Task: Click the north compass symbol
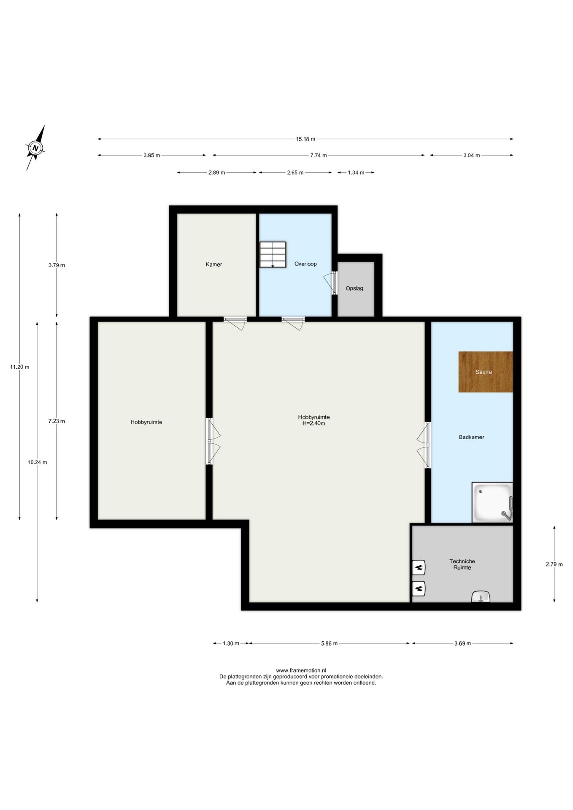click(36, 148)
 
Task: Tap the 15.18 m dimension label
click(305, 139)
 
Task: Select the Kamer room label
click(214, 265)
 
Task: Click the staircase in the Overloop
click(273, 254)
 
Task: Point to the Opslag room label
click(354, 289)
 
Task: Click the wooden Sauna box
click(486, 372)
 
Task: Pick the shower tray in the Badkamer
click(492, 502)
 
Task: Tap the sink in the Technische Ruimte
click(481, 597)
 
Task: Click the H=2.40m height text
click(314, 424)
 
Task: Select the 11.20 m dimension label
click(20, 367)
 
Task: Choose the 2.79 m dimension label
click(554, 564)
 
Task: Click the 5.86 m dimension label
click(329, 643)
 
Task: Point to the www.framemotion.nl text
click(301, 670)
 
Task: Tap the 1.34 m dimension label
click(356, 173)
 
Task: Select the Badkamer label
click(472, 437)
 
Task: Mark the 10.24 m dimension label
click(37, 462)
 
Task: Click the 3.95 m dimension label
click(151, 155)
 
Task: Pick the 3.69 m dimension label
click(462, 643)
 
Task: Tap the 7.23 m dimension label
click(57, 421)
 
